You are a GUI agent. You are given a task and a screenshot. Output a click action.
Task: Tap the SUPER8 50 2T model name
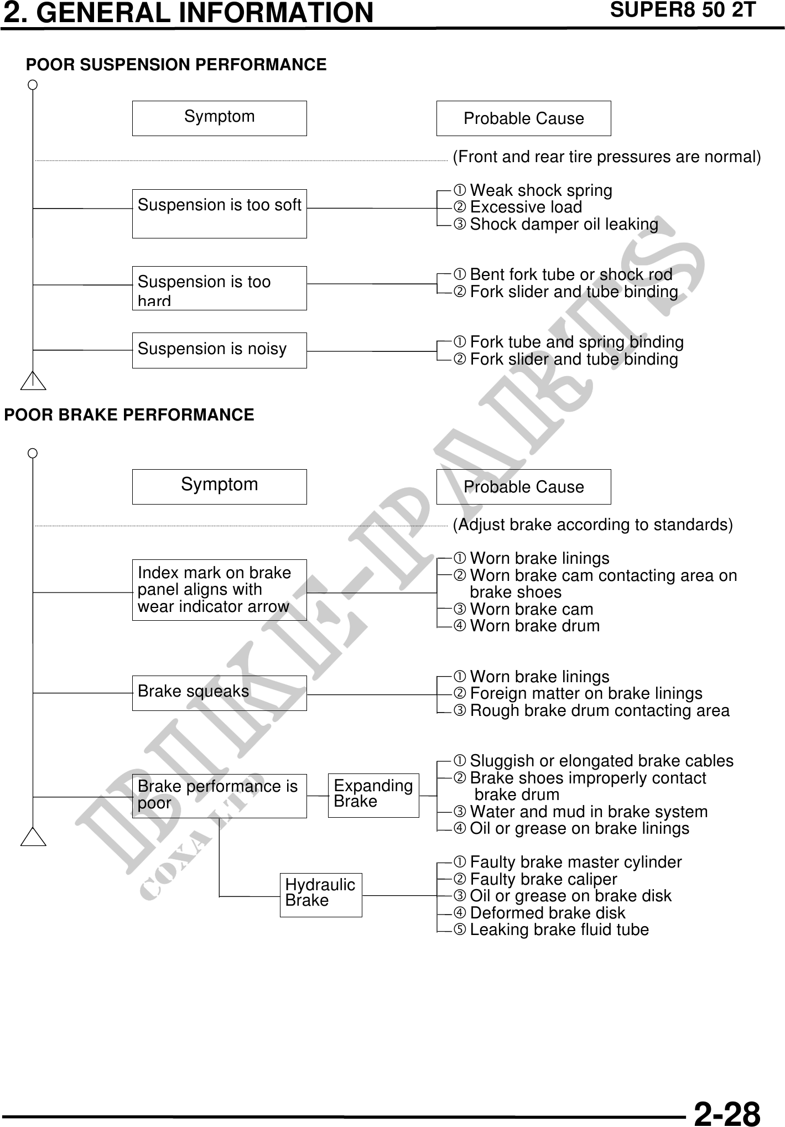(x=682, y=11)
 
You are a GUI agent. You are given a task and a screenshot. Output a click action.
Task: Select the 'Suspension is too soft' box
(x=219, y=213)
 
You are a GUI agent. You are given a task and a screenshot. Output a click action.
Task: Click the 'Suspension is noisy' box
(x=219, y=350)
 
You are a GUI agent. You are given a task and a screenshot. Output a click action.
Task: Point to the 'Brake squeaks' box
(x=219, y=692)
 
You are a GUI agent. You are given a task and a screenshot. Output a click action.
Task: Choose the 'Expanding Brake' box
(x=373, y=794)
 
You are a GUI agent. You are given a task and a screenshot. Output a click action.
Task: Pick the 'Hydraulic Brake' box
(x=320, y=894)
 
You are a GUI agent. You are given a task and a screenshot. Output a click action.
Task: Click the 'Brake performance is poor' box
(x=219, y=795)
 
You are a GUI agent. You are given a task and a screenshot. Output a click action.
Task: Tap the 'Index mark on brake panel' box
(x=219, y=589)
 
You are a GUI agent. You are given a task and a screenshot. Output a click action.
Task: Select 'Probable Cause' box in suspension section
(x=523, y=118)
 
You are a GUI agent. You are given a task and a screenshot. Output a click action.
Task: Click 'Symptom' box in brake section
(x=219, y=486)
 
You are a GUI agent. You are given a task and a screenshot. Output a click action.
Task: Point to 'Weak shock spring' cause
(x=540, y=190)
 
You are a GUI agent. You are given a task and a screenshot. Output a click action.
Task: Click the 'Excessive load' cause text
(x=526, y=207)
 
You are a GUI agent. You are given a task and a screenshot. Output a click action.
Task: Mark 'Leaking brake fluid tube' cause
(x=559, y=929)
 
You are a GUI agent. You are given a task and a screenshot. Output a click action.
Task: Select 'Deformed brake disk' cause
(x=547, y=913)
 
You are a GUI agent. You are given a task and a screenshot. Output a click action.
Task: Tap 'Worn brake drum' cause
(x=534, y=626)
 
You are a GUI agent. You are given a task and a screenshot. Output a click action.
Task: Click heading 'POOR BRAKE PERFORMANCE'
(x=129, y=415)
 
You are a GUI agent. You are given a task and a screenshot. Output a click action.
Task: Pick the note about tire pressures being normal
(x=606, y=157)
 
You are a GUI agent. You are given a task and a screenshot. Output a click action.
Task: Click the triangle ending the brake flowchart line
(x=33, y=838)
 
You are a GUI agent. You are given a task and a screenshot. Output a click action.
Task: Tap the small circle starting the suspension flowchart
(x=33, y=85)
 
